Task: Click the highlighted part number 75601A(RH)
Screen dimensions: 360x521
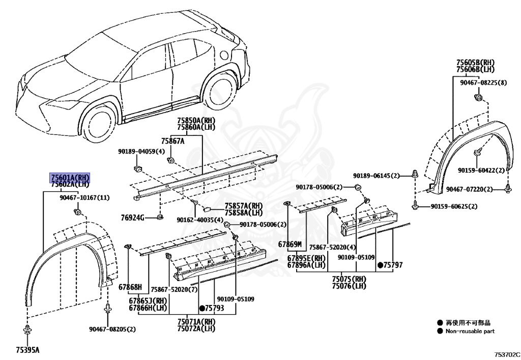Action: click(70, 177)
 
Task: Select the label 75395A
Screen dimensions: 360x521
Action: click(27, 350)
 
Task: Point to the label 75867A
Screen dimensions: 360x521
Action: click(173, 141)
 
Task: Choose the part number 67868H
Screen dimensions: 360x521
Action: click(130, 287)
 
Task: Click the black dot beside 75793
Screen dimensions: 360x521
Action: click(202, 308)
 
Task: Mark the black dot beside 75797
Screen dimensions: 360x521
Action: click(380, 265)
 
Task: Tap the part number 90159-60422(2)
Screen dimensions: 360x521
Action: click(481, 171)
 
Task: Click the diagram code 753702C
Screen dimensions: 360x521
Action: click(506, 353)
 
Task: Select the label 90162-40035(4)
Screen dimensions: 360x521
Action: click(200, 220)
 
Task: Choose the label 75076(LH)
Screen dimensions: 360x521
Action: click(349, 286)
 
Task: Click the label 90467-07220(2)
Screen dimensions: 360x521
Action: click(469, 189)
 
